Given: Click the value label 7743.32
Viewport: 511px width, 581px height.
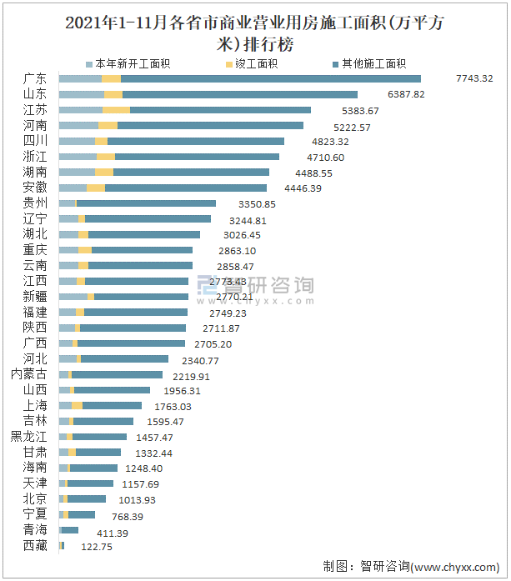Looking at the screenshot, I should tap(474, 79).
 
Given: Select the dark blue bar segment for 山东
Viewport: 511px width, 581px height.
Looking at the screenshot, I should tap(240, 95).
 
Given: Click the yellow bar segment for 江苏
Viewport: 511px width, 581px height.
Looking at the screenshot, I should tap(117, 110).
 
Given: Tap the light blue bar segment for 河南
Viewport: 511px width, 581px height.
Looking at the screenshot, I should tap(78, 126).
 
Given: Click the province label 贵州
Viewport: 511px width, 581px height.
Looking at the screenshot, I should tap(35, 203).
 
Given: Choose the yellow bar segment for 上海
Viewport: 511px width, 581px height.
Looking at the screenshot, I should tap(77, 406).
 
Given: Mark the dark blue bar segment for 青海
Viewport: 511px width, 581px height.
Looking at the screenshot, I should tap(70, 530).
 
